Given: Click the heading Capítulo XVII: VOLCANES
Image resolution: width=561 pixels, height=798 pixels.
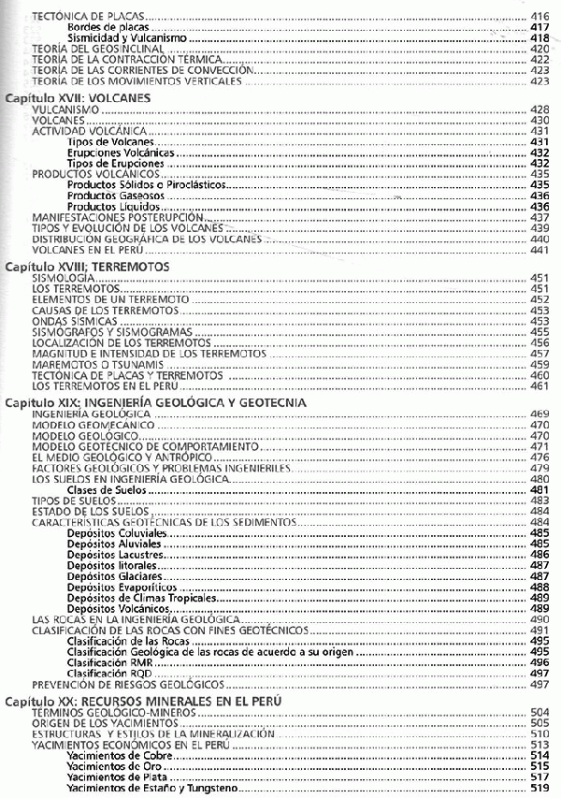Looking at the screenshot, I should (x=73, y=97).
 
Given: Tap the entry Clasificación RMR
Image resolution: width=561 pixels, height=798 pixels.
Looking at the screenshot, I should (x=105, y=662).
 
